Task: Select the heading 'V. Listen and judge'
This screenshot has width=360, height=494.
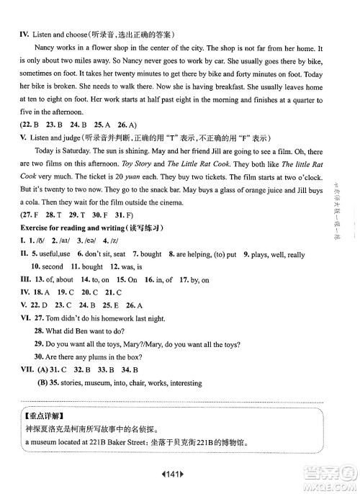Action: [51, 138]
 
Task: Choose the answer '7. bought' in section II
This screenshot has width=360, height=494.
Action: [147, 253]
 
